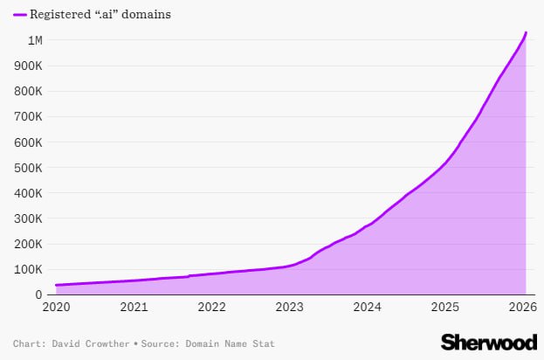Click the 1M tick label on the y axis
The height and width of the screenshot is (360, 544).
[x=35, y=40]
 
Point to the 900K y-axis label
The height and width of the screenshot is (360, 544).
[x=30, y=66]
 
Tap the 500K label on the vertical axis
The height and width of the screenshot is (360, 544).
[x=30, y=168]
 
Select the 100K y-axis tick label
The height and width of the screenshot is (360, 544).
[x=30, y=269]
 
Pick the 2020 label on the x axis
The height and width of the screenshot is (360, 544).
[x=55, y=308]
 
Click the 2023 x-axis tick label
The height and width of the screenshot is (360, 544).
[x=290, y=308]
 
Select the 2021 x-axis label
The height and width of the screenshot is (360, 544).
[x=134, y=308]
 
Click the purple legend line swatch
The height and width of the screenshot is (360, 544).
[x=19, y=15]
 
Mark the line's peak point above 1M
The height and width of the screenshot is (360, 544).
[x=526, y=32]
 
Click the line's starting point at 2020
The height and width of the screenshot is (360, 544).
[x=56, y=285]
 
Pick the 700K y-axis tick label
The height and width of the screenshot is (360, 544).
[x=30, y=116]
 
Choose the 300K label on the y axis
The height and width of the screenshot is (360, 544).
[x=30, y=218]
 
